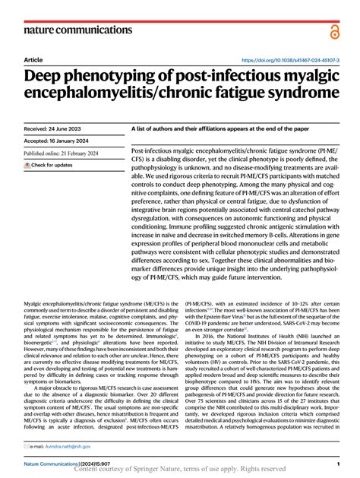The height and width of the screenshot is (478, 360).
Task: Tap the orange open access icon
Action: click(x=334, y=29)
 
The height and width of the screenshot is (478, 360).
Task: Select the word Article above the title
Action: click(x=33, y=60)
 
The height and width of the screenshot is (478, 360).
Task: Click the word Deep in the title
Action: click(x=46, y=77)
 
